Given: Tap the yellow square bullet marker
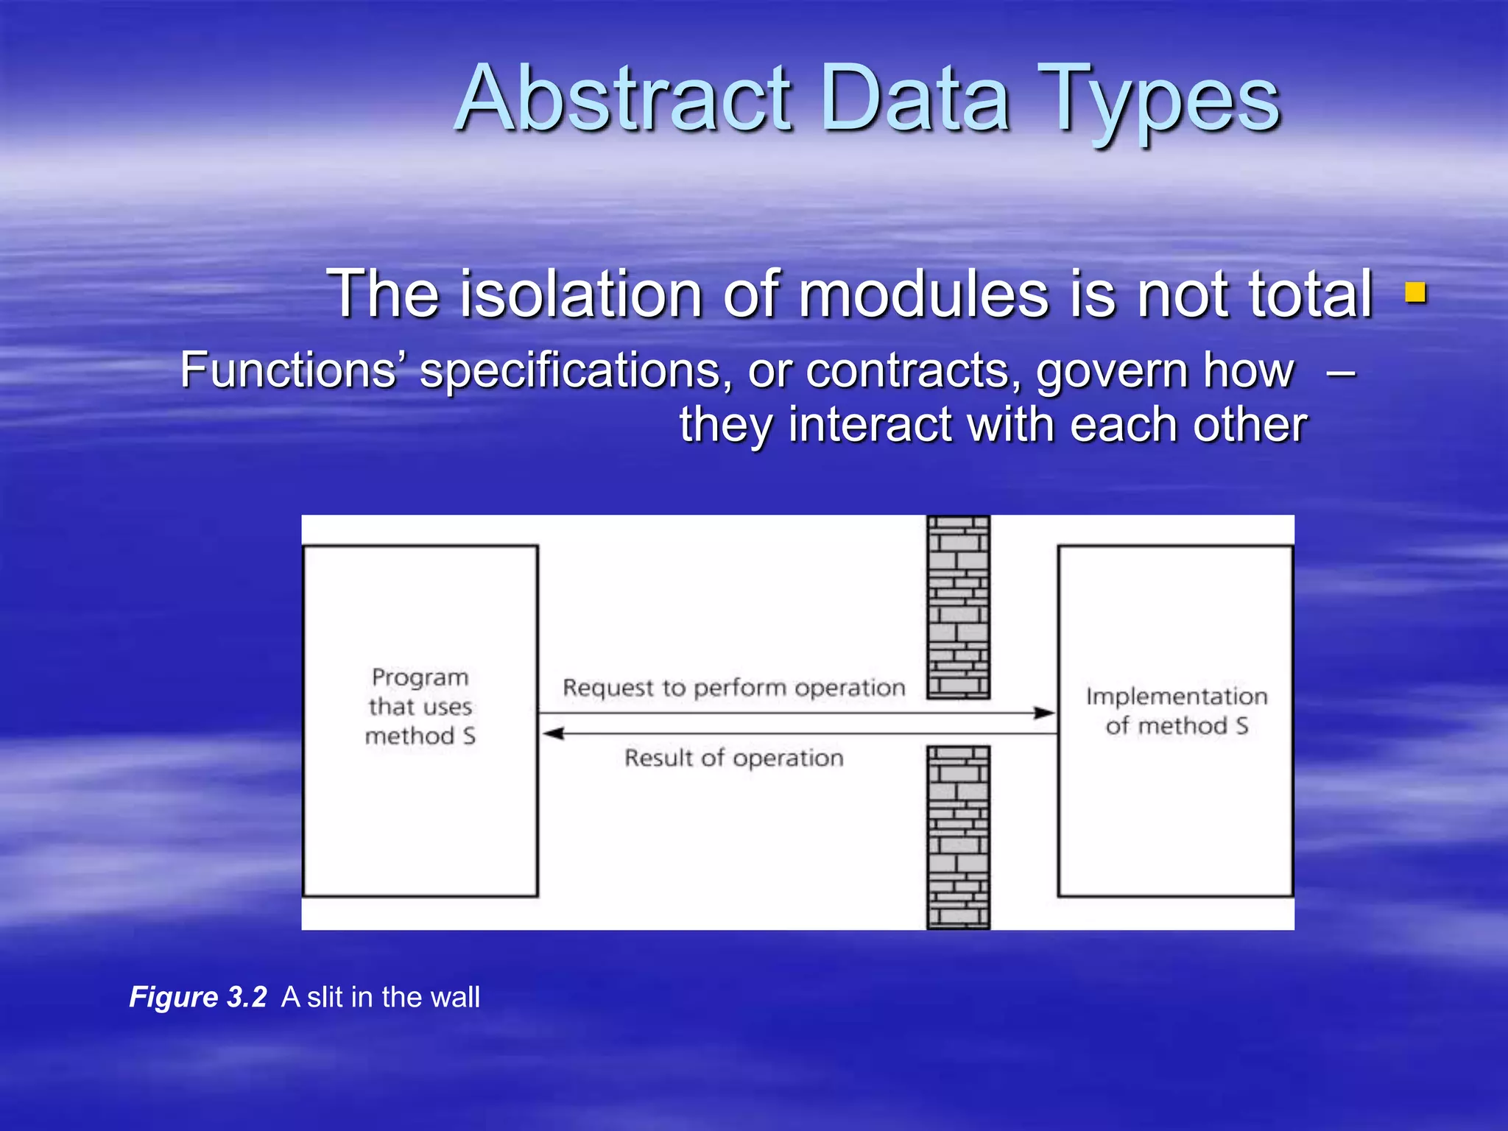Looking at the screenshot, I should point(1415,293).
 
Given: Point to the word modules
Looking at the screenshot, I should point(923,294).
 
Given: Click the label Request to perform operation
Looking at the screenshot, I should point(733,688).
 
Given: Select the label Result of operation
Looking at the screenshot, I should point(733,758).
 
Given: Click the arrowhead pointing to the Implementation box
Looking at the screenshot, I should point(1044,713).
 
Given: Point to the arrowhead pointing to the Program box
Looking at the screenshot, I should point(553,733).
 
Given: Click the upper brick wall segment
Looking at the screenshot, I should point(958,607).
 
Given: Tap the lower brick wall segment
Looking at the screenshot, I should point(958,837).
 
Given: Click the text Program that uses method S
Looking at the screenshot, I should point(420,706).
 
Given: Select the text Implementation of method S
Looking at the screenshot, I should point(1176,711).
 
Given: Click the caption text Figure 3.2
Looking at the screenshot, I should point(197,997).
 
